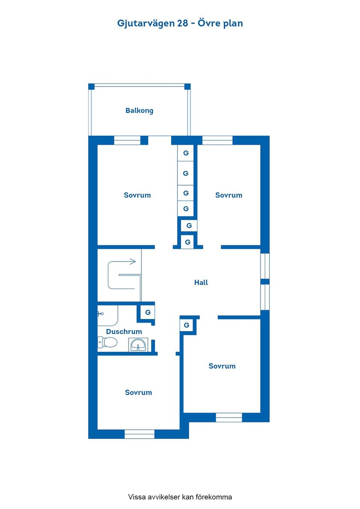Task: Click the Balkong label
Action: click(139, 111)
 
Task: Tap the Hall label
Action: click(201, 283)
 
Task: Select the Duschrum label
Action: click(124, 332)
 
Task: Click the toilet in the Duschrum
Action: click(107, 342)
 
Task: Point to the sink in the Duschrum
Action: click(138, 345)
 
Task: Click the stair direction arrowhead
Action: click(133, 261)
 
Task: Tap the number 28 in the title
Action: click(182, 23)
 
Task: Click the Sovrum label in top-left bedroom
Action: click(137, 195)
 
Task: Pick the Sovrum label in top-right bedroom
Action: click(229, 195)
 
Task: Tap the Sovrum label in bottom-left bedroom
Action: click(138, 392)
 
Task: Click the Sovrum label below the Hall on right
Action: click(222, 366)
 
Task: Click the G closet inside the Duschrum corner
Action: click(148, 313)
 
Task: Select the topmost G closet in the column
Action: click(186, 153)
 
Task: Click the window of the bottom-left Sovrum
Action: click(139, 434)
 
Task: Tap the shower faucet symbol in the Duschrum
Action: click(100, 314)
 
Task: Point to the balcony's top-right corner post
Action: click(187, 87)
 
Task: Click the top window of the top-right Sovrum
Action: click(217, 140)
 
